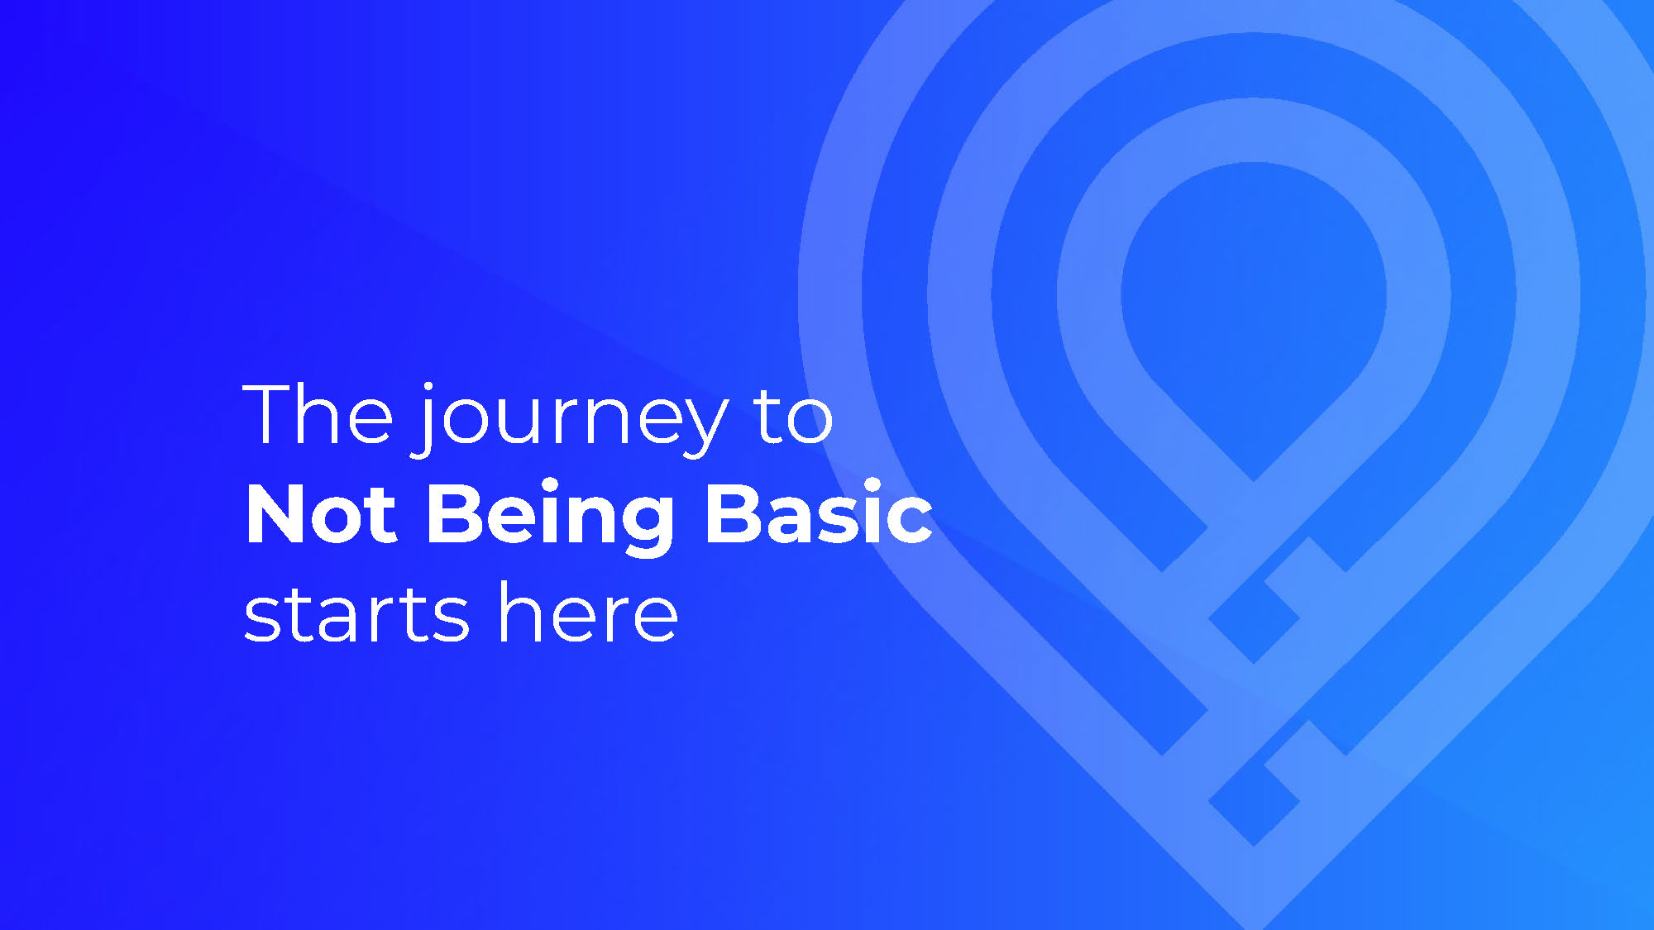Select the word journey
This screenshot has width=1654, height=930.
571,420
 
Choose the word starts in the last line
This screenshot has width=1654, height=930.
356,614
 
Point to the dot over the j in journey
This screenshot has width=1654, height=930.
428,388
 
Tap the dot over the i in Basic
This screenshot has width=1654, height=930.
872,485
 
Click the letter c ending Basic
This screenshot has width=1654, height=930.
911,520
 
